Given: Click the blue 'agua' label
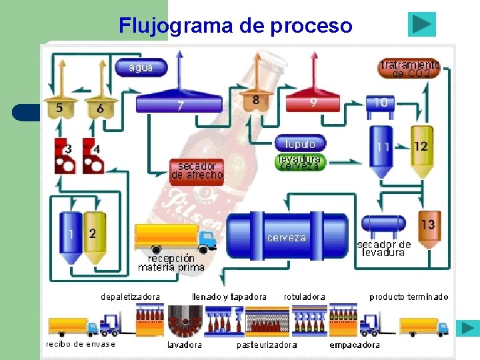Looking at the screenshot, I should (141, 67).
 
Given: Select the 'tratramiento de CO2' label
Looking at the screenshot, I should (409, 69).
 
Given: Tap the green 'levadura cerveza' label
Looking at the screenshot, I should (300, 163).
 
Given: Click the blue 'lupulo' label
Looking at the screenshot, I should (300, 144).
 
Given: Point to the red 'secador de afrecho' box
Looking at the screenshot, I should (197, 170).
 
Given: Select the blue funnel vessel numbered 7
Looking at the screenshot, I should (179, 104).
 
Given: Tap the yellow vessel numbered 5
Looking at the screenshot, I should (60, 108).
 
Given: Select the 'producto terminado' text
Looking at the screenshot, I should (409, 297).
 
